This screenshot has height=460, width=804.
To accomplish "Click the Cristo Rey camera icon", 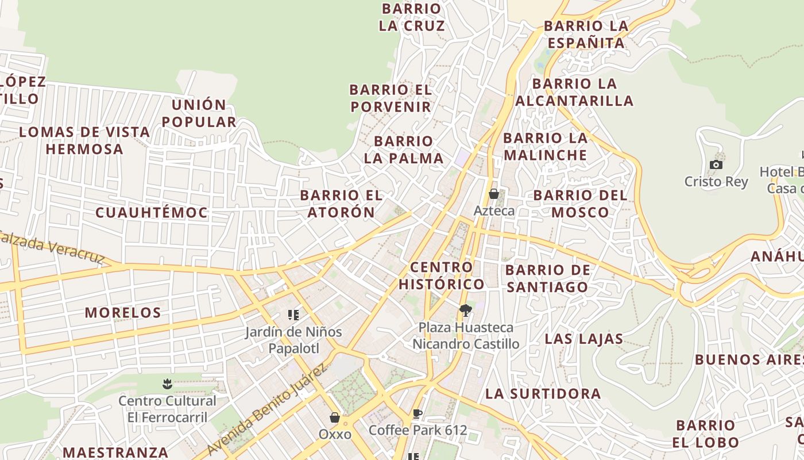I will (716, 165).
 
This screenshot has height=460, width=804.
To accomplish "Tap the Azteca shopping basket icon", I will (493, 194).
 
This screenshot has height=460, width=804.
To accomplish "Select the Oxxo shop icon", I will (335, 417).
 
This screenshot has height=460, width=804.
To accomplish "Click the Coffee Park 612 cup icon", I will (418, 413).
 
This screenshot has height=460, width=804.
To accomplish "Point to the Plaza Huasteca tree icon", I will (466, 311).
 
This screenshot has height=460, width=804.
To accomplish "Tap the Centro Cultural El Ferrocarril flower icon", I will (167, 383).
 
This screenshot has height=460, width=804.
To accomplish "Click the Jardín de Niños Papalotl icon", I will (293, 315).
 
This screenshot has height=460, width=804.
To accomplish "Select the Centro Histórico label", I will (442, 275).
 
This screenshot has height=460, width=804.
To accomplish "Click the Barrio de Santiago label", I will (547, 278).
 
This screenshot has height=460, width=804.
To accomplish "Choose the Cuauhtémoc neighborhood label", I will (152, 213).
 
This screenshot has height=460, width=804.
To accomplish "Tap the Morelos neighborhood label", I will (123, 313).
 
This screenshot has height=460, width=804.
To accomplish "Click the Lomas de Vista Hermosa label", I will (84, 140).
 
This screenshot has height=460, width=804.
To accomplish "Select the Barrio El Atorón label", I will (341, 204).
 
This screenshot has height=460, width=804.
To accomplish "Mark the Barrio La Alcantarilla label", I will (574, 92).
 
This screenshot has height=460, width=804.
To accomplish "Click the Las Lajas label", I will (583, 339).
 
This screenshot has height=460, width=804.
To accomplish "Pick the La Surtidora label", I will (543, 394).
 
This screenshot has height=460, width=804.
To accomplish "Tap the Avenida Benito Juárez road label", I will (267, 409).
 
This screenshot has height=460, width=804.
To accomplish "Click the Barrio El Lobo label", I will (706, 434).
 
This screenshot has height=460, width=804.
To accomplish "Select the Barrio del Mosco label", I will (580, 204).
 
